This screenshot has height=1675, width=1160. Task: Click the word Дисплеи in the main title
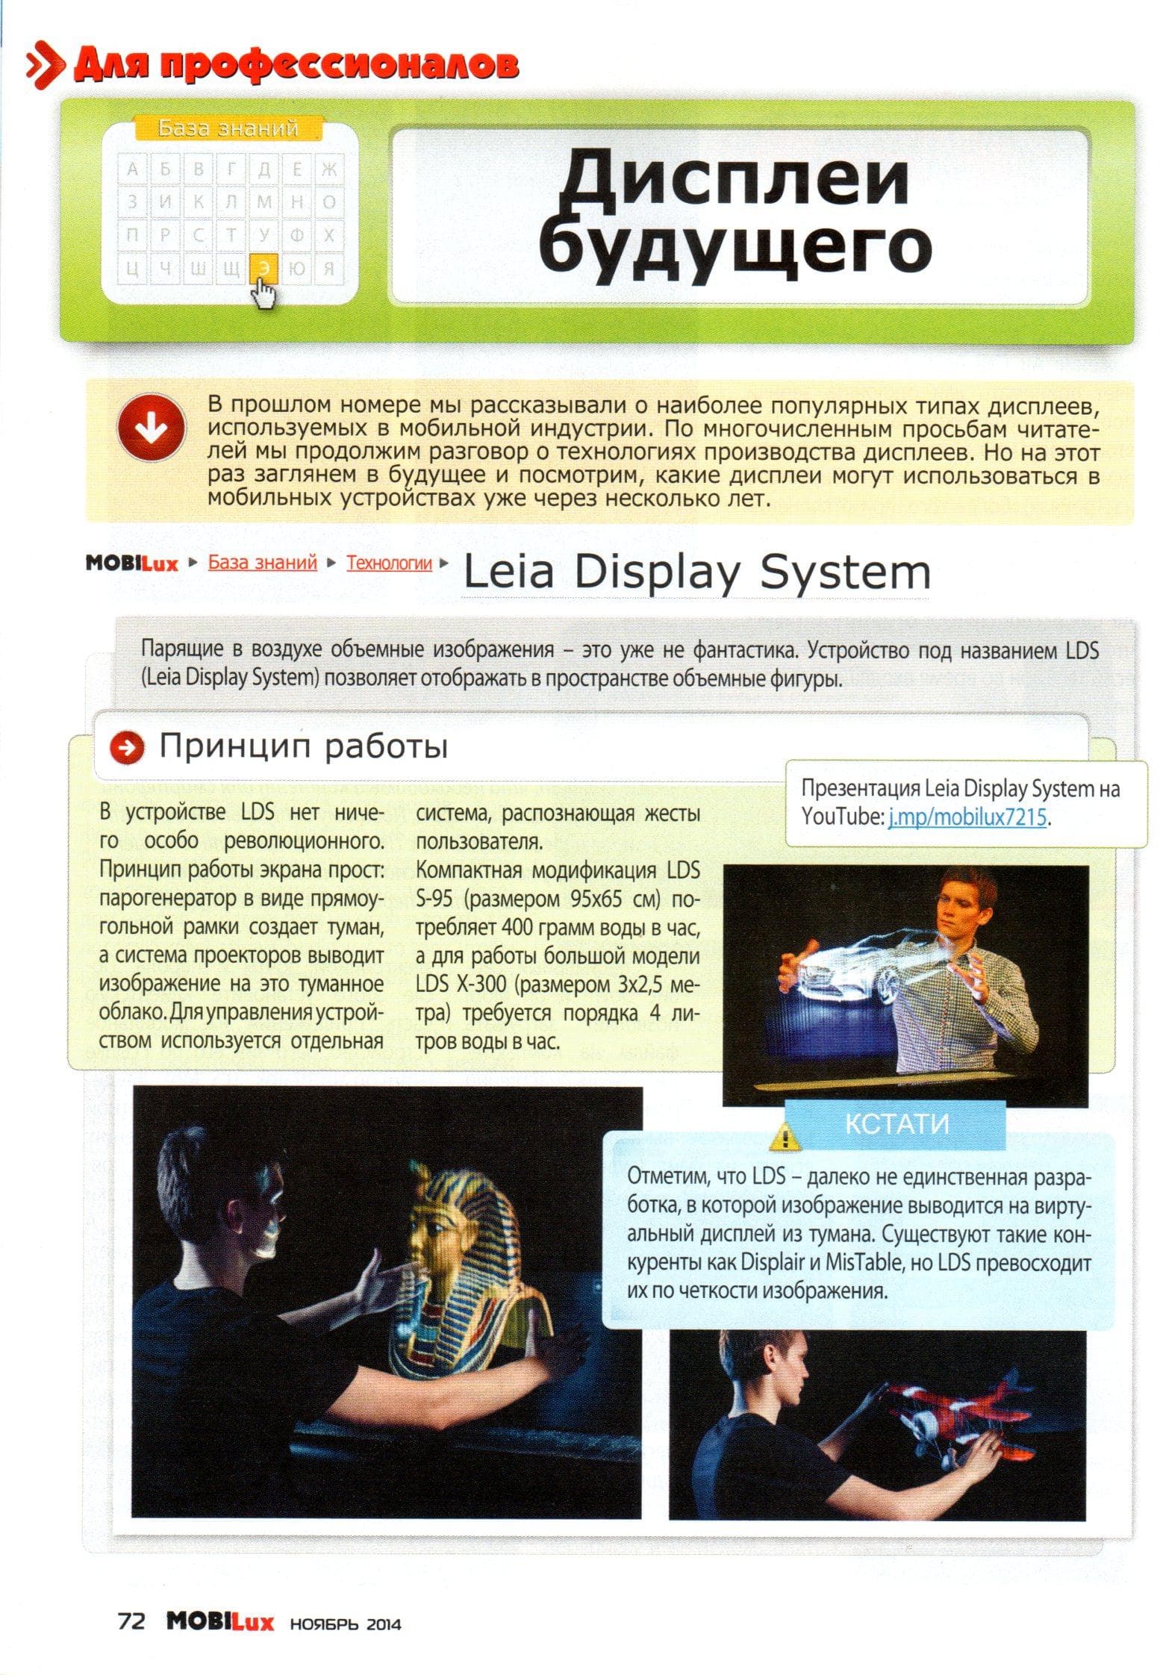pos(734,180)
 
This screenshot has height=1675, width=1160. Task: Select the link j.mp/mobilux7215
pos(967,817)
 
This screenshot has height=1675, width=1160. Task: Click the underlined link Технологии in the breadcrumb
pos(389,563)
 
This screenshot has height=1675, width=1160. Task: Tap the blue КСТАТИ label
pos(896,1124)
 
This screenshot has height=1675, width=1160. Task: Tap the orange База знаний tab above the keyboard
pos(228,128)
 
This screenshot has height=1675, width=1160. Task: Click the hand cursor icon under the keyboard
pos(262,292)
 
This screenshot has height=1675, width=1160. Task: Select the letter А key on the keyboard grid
pos(133,169)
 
